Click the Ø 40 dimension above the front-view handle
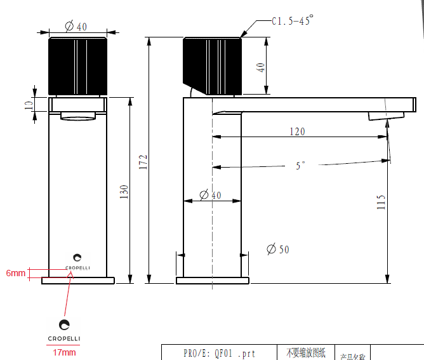pos(77,26)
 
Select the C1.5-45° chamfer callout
pos(292,21)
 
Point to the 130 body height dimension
pos(124,190)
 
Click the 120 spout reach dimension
pos(297,131)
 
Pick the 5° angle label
pos(300,165)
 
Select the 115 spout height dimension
pos(381,202)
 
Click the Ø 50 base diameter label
pos(278,250)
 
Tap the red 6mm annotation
pos(15,273)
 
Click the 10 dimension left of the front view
pos(28,104)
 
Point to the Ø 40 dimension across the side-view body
pos(211,196)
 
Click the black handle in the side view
pos(213,65)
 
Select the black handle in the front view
pos(77,65)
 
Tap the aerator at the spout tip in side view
pos(386,116)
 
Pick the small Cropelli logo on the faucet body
pos(77,261)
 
